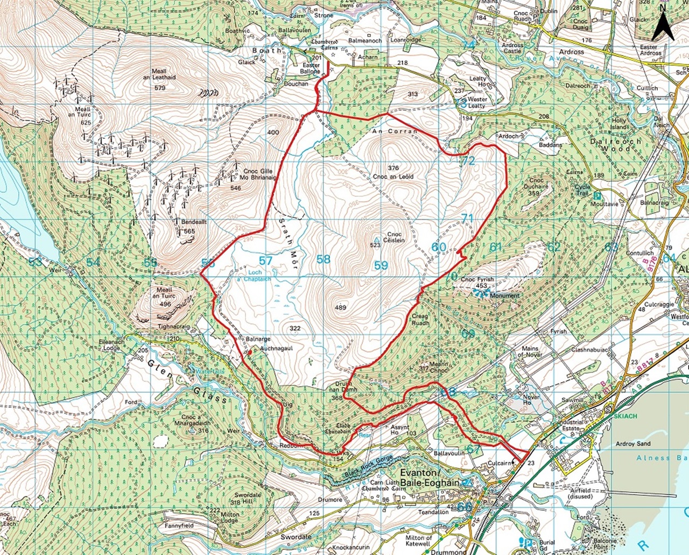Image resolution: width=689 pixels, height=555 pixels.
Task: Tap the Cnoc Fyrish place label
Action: tap(477, 280)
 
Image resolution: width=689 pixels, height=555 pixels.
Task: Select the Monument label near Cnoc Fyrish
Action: tap(504, 296)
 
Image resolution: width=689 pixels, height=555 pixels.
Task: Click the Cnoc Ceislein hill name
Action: tap(395, 237)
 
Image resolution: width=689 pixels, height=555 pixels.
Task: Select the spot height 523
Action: tap(375, 245)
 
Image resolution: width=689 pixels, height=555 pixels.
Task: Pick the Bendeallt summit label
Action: tap(194, 222)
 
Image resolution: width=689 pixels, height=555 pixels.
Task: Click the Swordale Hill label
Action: tap(248, 498)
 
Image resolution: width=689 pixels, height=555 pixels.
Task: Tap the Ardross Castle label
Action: tap(512, 48)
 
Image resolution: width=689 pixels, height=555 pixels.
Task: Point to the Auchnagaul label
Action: tap(276, 348)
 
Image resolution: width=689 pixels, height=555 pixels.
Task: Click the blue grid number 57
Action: tap(265, 261)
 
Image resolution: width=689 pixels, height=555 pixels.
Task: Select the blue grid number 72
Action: tap(468, 160)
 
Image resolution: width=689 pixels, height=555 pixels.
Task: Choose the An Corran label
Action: tap(395, 131)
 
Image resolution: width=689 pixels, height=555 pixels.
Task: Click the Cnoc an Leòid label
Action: tap(393, 177)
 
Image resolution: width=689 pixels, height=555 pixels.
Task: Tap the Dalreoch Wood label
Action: tap(616, 145)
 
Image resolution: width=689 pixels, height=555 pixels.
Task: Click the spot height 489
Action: tap(340, 308)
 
